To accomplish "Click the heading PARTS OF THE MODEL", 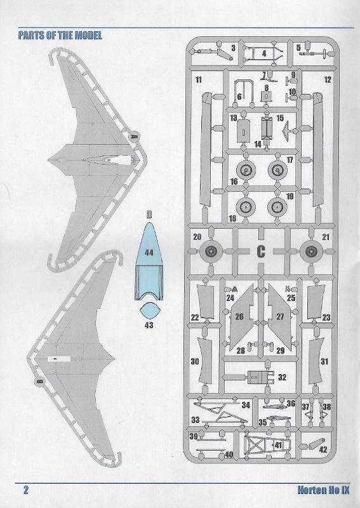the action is (x=60, y=35).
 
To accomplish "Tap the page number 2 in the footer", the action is (x=26, y=489).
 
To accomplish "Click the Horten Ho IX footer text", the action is (x=323, y=490).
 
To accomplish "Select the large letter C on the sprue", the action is (x=261, y=251).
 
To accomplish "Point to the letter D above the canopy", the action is (x=149, y=215).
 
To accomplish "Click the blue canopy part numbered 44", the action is (x=149, y=262).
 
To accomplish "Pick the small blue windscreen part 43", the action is (x=150, y=311).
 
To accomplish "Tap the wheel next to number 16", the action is (x=246, y=170).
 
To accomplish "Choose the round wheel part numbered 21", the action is (x=311, y=251).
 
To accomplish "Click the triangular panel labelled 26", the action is (x=242, y=317).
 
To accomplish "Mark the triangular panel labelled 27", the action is (x=279, y=317).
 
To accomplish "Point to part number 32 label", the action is (x=282, y=377).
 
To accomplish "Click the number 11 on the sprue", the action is (x=199, y=80).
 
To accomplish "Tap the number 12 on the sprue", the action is (x=328, y=80).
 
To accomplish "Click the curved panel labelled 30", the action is (x=205, y=361).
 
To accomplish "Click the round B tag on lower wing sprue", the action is (x=39, y=382).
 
